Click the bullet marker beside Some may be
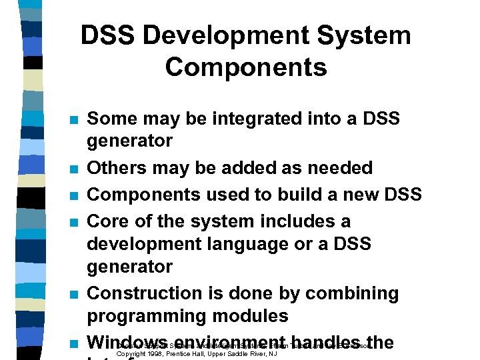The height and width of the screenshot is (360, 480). point(75,120)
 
